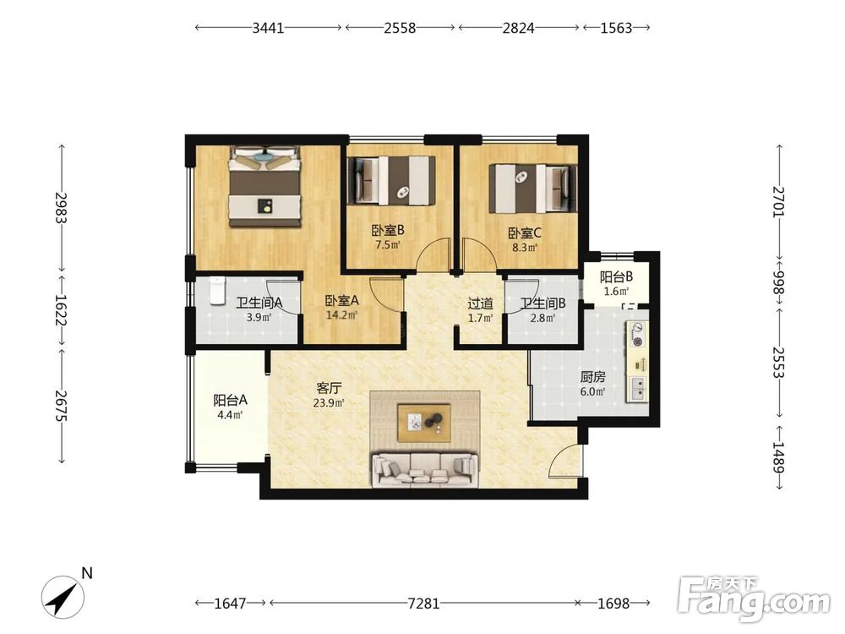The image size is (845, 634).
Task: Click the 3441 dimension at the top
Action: pyautogui.click(x=268, y=28)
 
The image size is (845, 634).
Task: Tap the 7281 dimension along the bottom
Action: pyautogui.click(x=423, y=603)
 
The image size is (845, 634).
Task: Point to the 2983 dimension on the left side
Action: pyautogui.click(x=61, y=208)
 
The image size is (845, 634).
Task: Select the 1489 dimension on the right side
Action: pyautogui.click(x=779, y=457)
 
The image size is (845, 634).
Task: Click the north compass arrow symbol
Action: pyautogui.click(x=63, y=596)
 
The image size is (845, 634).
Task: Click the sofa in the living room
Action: pyautogui.click(x=425, y=469)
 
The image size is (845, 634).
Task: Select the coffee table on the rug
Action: pyautogui.click(x=424, y=423)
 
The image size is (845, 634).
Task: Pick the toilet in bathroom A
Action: pyautogui.click(x=217, y=291)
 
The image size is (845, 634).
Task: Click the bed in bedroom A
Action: pyautogui.click(x=264, y=186)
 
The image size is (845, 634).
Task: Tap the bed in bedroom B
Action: pyautogui.click(x=390, y=180)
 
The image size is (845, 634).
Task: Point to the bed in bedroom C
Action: pyautogui.click(x=532, y=189)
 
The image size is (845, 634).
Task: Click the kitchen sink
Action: pyautogui.click(x=637, y=388)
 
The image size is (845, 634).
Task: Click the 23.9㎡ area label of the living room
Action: pyautogui.click(x=328, y=402)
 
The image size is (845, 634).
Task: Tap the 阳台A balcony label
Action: pyautogui.click(x=230, y=400)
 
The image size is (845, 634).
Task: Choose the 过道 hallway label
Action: pyautogui.click(x=480, y=304)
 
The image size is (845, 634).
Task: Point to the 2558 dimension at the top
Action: pyautogui.click(x=400, y=28)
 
